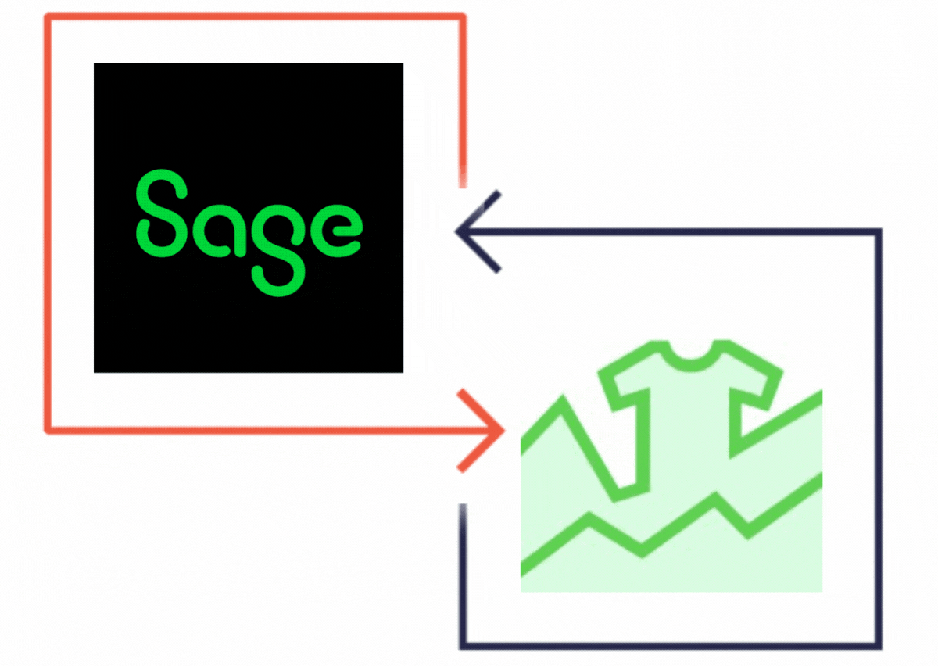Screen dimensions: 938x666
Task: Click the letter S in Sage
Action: pyautogui.click(x=161, y=213)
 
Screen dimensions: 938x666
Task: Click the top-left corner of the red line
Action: pyautogui.click(x=48, y=16)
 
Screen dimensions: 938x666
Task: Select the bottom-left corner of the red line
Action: pyautogui.click(x=48, y=430)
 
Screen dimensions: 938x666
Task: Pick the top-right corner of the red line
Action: pyautogui.click(x=463, y=16)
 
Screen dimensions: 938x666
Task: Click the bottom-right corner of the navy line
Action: pyautogui.click(x=879, y=646)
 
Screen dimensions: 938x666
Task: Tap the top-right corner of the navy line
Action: pyautogui.click(x=879, y=231)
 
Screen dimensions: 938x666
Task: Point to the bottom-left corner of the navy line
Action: pyautogui.click(x=463, y=646)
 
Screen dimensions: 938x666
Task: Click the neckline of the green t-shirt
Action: pyautogui.click(x=691, y=357)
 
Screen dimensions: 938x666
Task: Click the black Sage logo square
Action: pyautogui.click(x=249, y=218)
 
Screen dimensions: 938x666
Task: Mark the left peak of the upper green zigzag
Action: pyautogui.click(x=562, y=400)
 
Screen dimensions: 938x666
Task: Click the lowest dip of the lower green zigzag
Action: pyautogui.click(x=643, y=552)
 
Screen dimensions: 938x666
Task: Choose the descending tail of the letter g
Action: pyautogui.click(x=278, y=278)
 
